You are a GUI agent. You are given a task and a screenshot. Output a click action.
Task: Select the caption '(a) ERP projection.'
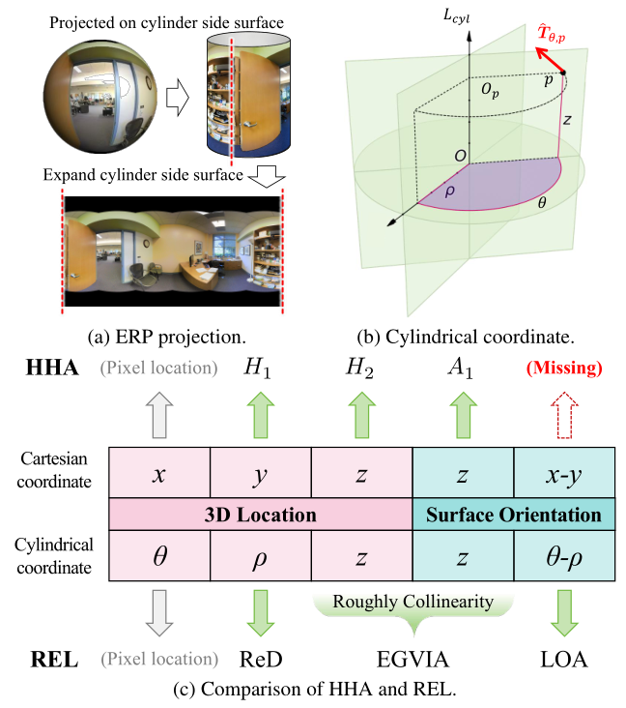tap(165, 339)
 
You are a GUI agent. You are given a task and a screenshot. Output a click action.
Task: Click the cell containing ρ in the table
tap(260, 557)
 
